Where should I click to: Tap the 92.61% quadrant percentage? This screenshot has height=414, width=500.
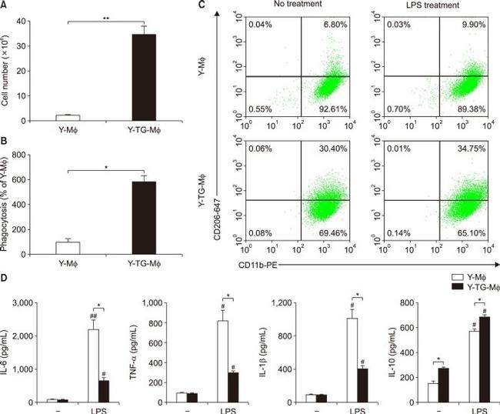coord(314,110)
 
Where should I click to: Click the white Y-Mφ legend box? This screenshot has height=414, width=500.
coord(440,275)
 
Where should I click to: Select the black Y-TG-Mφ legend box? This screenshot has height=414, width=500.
coord(440,284)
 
